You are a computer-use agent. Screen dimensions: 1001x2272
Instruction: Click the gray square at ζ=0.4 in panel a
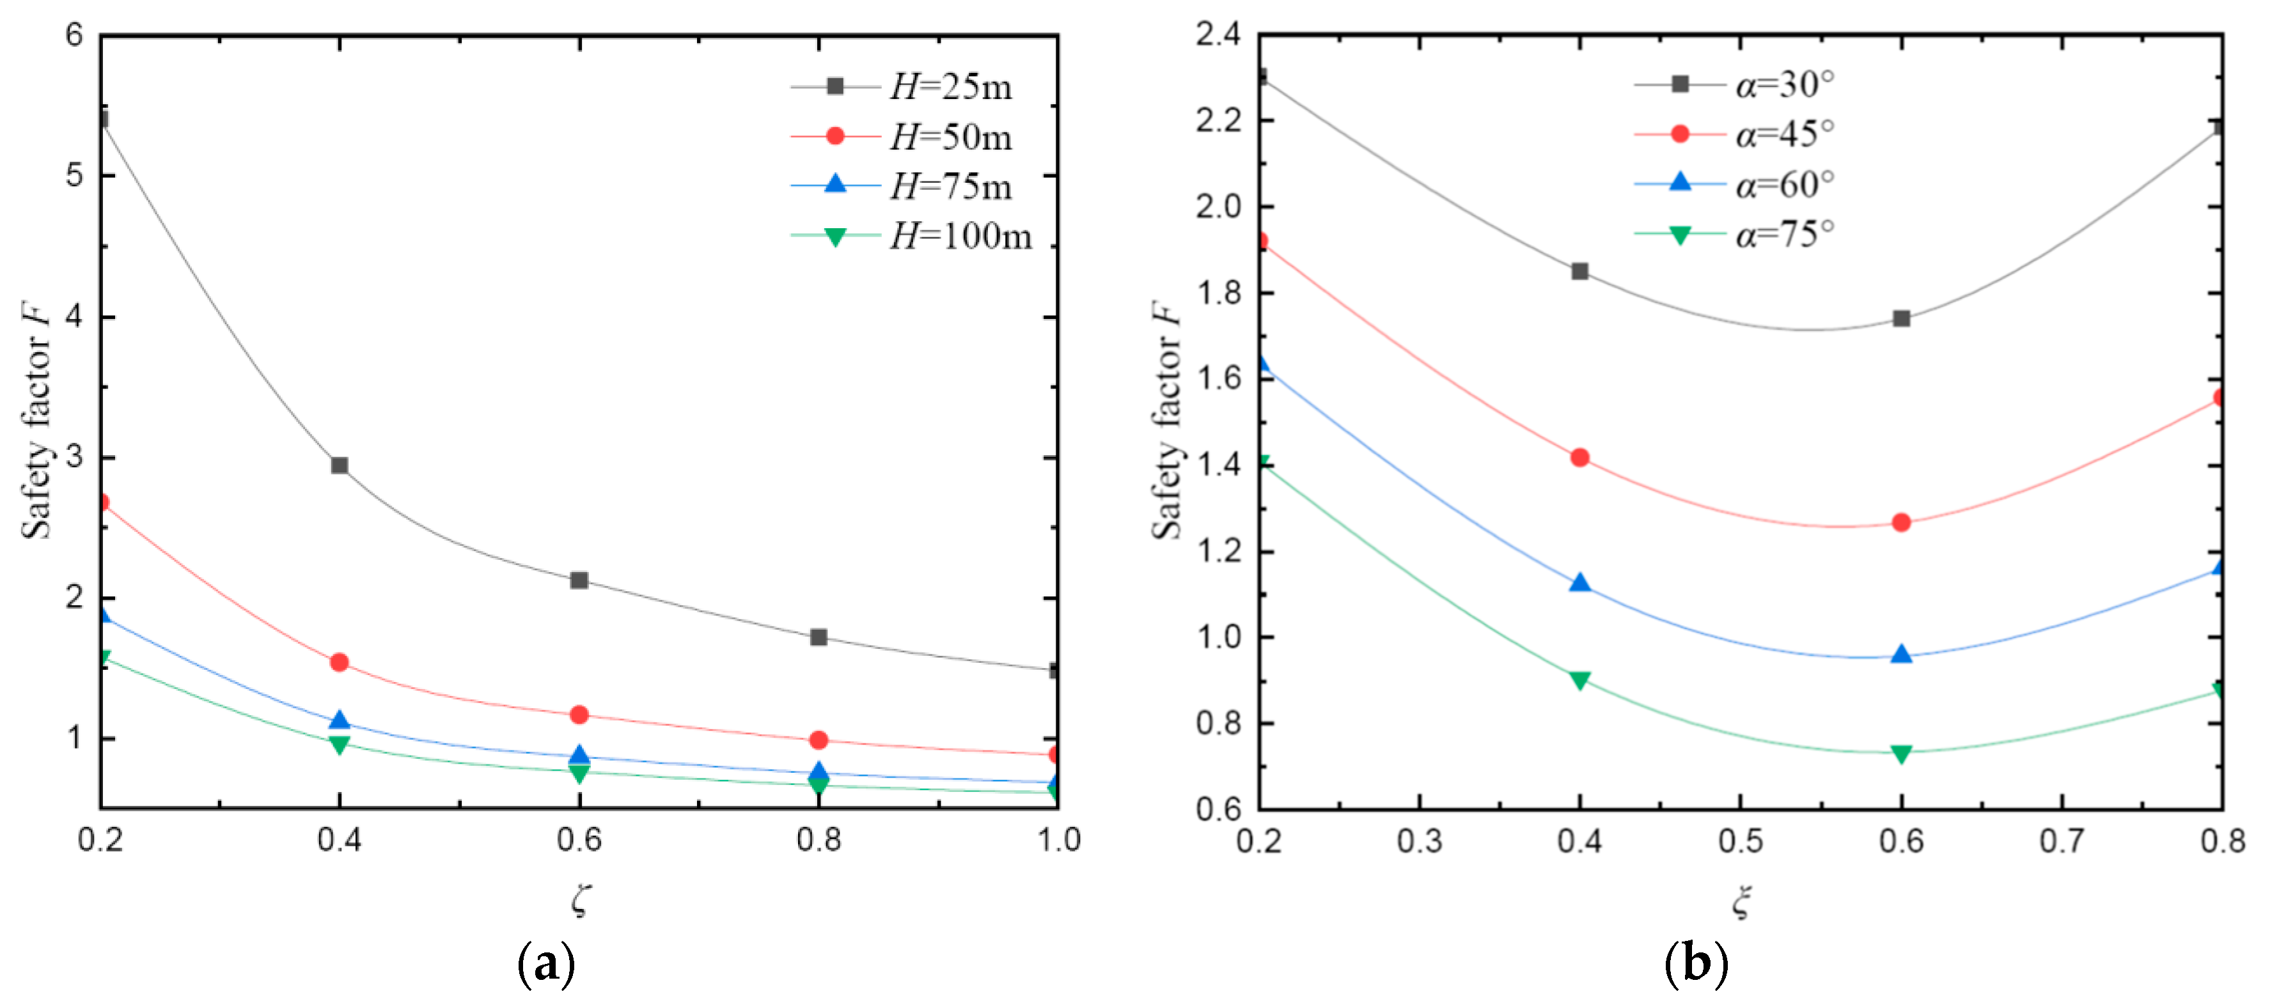[x=340, y=465]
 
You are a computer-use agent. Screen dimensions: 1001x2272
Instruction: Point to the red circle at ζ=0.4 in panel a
[x=340, y=662]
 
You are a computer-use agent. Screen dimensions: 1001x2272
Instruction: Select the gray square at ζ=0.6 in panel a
[x=579, y=580]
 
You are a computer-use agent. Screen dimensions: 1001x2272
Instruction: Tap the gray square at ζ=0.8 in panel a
[x=819, y=637]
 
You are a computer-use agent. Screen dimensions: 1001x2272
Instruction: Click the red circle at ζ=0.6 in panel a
[x=579, y=715]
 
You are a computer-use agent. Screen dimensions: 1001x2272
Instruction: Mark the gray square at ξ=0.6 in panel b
[x=1902, y=318]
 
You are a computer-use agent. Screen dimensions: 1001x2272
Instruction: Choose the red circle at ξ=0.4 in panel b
[x=1579, y=458]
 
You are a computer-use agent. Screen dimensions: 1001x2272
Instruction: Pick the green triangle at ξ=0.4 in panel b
[x=1579, y=680]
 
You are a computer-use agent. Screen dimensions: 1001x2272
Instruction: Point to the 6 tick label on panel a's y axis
[x=74, y=35]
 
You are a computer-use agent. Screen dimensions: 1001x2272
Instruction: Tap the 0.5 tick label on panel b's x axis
[x=1740, y=841]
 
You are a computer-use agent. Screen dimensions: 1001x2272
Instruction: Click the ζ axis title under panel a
[x=579, y=899]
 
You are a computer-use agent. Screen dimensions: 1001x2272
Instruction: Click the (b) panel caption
[x=1695, y=965]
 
